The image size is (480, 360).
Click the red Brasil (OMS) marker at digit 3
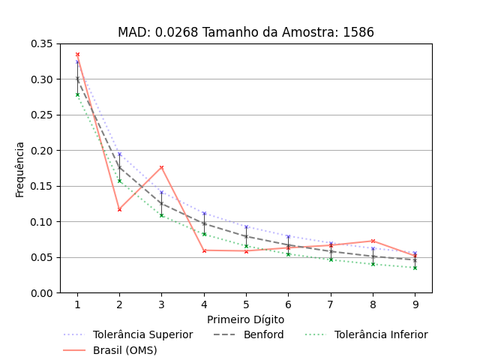[161, 167]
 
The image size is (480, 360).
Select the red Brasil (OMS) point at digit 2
[119, 209]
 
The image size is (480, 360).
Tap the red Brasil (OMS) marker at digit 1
[77, 54]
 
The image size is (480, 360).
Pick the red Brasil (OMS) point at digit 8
[373, 241]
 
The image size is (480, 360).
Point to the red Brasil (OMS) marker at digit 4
[204, 250]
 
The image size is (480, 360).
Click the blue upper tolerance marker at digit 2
[119, 154]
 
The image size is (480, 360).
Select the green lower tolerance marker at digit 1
[77, 94]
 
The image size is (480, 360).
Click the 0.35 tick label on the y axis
[41, 43]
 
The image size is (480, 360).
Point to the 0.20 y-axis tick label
[41, 151]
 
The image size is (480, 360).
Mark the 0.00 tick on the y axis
[41, 293]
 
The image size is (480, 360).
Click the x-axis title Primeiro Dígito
[246, 319]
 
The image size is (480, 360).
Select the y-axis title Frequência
[20, 169]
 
